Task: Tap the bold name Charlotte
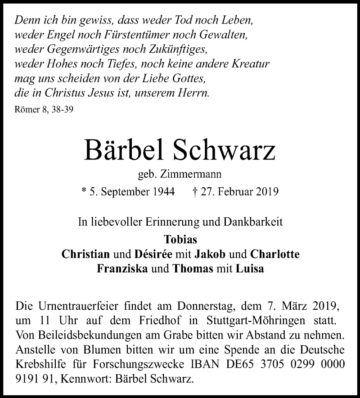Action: pos(274,254)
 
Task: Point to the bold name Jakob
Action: pos(210,254)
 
